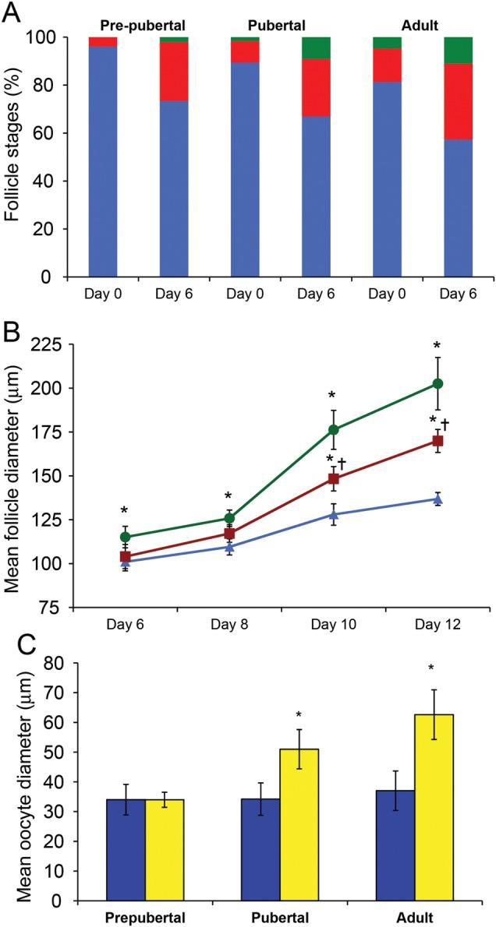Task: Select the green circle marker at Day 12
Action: tap(438, 383)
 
